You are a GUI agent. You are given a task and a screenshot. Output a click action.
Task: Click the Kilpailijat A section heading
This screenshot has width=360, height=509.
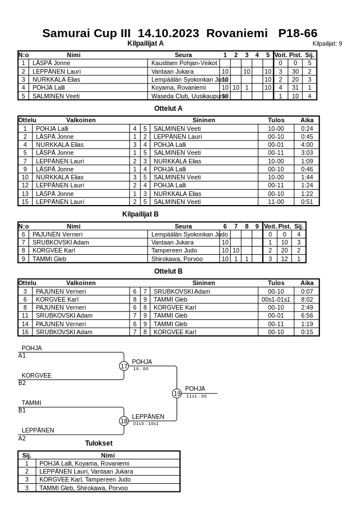tap(145, 43)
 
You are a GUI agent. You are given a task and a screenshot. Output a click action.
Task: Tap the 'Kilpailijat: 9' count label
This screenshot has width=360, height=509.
tap(327, 43)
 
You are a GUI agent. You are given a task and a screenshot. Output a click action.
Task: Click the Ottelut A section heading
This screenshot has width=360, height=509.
tap(168, 108)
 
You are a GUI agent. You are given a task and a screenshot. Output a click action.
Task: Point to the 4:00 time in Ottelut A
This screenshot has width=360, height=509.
tap(307, 145)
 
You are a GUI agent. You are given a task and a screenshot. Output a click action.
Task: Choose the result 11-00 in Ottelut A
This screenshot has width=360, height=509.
tap(276, 202)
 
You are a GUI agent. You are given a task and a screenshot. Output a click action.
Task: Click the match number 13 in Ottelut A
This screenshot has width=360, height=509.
tap(25, 194)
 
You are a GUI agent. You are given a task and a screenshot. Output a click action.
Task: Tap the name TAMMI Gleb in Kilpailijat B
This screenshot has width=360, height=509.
tap(50, 259)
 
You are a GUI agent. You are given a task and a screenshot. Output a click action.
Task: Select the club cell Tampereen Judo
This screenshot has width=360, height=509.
tap(174, 250)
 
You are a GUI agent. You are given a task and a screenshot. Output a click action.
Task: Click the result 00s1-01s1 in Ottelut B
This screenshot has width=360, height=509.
tap(276, 299)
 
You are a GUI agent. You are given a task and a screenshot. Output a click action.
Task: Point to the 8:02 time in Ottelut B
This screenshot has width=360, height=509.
tap(307, 299)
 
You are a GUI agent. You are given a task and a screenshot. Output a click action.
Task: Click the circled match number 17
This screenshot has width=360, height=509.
tap(124, 366)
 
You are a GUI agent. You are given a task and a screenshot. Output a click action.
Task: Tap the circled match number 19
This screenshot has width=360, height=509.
tap(177, 394)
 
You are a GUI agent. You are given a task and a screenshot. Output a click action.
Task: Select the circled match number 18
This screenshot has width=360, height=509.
tap(124, 421)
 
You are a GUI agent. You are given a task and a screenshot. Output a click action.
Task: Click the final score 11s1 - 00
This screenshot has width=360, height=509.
tap(197, 396)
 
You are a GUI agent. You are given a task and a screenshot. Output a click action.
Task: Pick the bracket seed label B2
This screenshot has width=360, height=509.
tap(22, 383)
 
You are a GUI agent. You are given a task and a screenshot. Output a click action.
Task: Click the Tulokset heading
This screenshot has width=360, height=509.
tap(99, 443)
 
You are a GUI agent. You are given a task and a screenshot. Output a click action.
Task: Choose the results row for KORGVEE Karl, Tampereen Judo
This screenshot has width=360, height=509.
tap(85, 479)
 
